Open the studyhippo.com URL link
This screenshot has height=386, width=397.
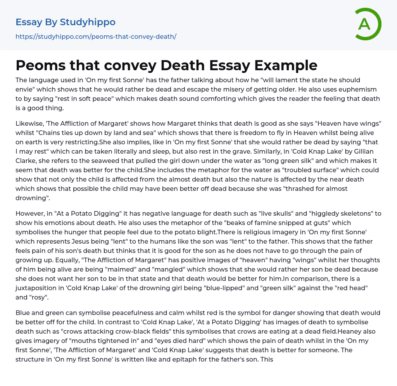click(96, 36)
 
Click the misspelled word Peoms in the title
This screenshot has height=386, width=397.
click(39, 66)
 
